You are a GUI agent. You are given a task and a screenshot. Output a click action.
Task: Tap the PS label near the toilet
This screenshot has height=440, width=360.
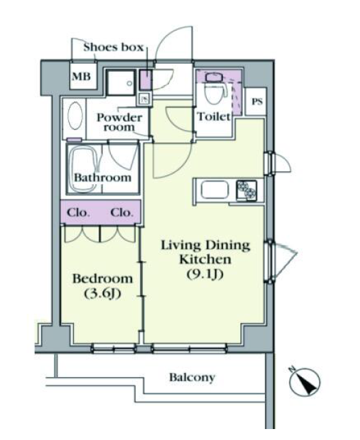[257, 101]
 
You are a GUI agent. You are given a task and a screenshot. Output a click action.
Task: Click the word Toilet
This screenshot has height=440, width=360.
[214, 116]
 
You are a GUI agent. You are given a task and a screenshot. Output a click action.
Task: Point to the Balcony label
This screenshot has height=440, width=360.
[192, 378]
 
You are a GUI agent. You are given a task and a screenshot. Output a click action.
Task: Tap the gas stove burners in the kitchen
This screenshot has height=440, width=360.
[246, 190]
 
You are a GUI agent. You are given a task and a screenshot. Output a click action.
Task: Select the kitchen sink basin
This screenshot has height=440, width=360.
[215, 190]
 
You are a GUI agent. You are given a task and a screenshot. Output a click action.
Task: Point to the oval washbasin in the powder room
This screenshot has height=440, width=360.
[75, 116]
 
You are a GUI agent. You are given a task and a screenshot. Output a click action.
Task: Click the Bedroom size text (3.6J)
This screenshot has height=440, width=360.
[103, 294]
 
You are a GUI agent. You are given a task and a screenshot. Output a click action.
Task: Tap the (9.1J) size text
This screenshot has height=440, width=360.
[205, 274]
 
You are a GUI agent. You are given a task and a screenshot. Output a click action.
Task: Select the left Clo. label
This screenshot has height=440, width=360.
[79, 212]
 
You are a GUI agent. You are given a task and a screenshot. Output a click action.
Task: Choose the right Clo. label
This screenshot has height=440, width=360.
[122, 212]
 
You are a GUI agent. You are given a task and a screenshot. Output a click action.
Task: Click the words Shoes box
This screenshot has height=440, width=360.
[114, 47]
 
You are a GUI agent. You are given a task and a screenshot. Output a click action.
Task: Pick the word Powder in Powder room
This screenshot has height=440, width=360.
[119, 118]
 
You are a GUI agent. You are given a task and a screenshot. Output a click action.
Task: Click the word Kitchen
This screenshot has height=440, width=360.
[205, 259]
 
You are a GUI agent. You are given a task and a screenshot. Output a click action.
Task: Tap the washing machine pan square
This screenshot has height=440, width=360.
[121, 83]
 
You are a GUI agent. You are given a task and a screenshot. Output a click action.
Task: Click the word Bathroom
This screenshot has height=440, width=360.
[103, 177]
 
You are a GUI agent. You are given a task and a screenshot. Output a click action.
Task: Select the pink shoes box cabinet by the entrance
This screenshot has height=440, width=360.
[146, 79]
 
